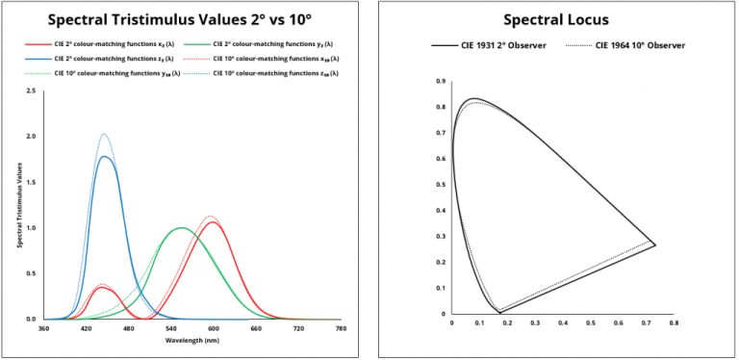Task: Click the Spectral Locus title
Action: point(556,18)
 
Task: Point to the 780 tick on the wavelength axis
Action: point(341,329)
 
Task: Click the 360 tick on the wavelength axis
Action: point(43,329)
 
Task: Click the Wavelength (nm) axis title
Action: point(192,341)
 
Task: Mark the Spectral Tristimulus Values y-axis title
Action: point(19,206)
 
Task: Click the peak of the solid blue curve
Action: point(104,156)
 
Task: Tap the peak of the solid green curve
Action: point(180,228)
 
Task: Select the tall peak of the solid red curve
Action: point(212,221)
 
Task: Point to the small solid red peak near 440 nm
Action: point(102,287)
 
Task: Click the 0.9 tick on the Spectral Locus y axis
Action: point(441,82)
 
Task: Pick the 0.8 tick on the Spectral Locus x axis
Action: point(673,323)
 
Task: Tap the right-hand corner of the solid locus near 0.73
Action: point(655,244)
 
